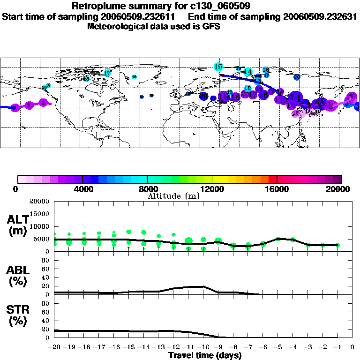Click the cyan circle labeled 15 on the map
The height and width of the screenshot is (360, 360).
tap(218, 67)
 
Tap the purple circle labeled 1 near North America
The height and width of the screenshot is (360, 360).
tap(43, 102)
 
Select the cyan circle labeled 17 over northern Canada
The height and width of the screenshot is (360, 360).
tap(107, 73)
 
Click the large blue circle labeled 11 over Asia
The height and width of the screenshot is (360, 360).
tap(294, 97)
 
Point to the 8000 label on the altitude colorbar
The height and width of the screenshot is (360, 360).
tap(147, 189)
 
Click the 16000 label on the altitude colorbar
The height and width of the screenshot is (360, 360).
tap(277, 189)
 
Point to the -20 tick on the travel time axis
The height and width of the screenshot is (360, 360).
tap(55, 347)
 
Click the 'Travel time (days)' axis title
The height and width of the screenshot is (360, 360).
tap(205, 355)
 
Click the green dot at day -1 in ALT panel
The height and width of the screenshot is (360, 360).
tap(337, 245)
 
